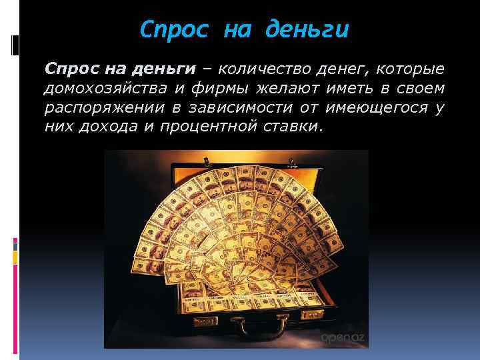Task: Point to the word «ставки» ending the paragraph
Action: tap(287, 127)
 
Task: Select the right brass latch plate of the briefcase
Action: tap(313, 313)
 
